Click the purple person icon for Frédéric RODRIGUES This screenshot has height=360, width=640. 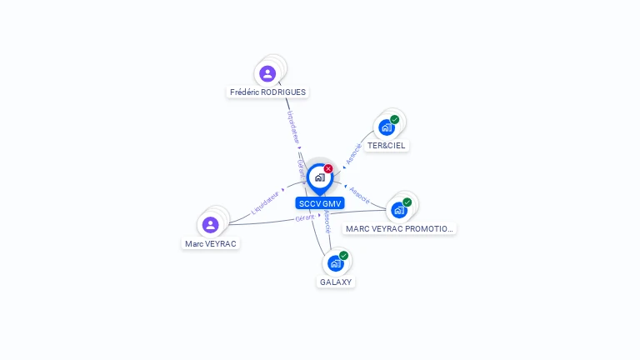(x=267, y=73)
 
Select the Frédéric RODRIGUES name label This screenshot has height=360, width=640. (x=267, y=92)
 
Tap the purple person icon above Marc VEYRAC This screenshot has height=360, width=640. (x=211, y=224)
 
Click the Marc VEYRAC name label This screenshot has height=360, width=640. (x=211, y=244)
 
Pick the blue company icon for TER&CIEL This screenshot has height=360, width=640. (x=386, y=127)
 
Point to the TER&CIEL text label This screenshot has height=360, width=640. (x=387, y=145)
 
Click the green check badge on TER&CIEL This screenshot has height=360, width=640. (x=395, y=119)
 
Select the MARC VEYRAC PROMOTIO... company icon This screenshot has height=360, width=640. (x=398, y=210)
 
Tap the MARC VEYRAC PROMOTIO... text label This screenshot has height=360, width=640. (x=400, y=228)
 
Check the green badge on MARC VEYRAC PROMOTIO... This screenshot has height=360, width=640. (x=407, y=202)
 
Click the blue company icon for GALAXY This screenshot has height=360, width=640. (x=335, y=263)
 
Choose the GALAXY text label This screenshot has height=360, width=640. (x=337, y=282)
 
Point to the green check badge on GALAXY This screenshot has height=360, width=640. (x=344, y=255)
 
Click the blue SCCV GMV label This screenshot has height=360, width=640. (x=320, y=203)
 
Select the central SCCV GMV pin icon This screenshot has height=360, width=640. (x=319, y=177)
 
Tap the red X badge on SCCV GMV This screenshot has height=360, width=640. (x=328, y=168)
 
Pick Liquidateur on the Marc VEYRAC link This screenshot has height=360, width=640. (x=266, y=202)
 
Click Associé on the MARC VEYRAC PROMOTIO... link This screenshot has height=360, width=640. (x=360, y=193)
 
